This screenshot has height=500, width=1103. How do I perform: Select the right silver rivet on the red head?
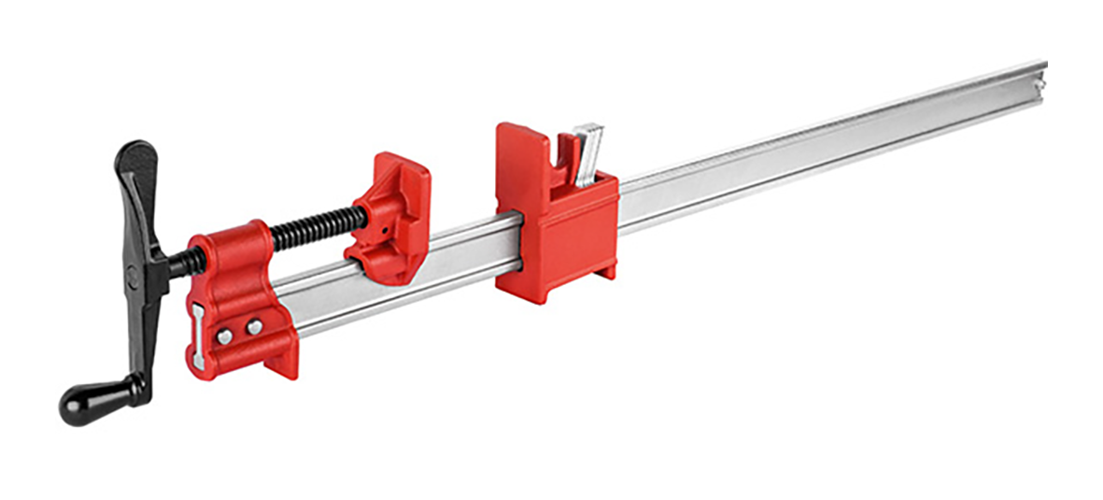click(x=254, y=326)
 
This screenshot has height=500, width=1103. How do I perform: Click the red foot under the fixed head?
click(x=281, y=360)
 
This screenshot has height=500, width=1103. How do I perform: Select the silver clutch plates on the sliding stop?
click(x=588, y=154)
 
